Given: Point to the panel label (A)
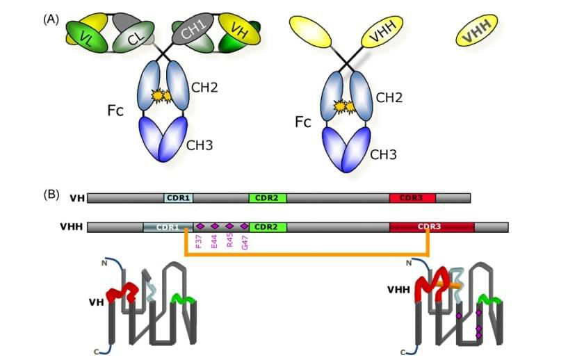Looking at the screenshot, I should pyautogui.click(x=51, y=19).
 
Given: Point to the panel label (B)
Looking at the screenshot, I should pyautogui.click(x=51, y=195).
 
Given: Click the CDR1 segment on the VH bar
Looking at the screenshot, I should pyautogui.click(x=179, y=198).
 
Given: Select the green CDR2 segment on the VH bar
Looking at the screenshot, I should pyautogui.click(x=267, y=198).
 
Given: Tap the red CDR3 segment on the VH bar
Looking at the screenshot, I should pyautogui.click(x=412, y=198).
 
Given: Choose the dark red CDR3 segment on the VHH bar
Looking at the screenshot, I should pyautogui.click(x=432, y=227).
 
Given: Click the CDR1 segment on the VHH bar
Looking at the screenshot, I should pyautogui.click(x=168, y=227).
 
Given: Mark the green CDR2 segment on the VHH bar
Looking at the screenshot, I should pyautogui.click(x=267, y=227).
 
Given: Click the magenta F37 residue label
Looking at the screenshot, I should pyautogui.click(x=200, y=241).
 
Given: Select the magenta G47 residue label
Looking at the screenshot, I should pyautogui.click(x=244, y=241).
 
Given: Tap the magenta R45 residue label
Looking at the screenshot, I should pyautogui.click(x=229, y=241).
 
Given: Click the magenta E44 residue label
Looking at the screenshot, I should pyautogui.click(x=214, y=241).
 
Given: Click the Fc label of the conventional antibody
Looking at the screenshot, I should pyautogui.click(x=115, y=110).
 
